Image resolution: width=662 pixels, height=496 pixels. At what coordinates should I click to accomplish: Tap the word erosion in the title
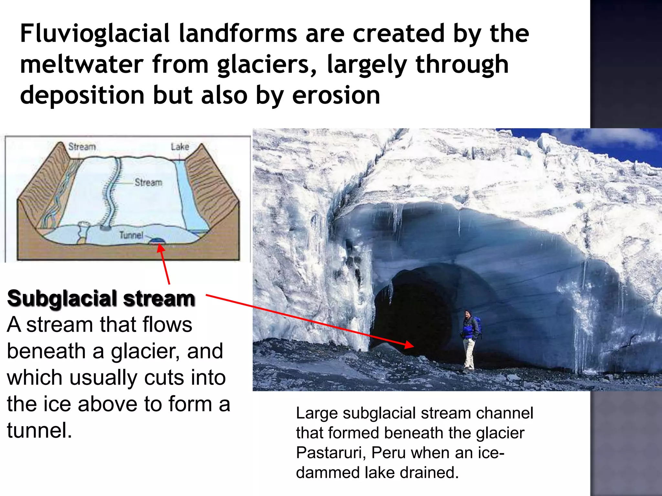(x=336, y=96)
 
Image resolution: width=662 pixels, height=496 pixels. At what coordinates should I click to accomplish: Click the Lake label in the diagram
(x=180, y=147)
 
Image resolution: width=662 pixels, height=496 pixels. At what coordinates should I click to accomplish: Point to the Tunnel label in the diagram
(x=131, y=235)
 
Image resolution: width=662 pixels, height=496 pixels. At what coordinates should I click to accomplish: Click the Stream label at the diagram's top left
(x=82, y=147)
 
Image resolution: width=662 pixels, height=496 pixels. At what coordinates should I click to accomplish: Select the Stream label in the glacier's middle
(x=148, y=182)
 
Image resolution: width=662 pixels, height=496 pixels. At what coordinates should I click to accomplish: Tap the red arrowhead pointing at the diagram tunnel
(x=161, y=249)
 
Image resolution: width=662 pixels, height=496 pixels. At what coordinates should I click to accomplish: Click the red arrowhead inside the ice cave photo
(x=409, y=345)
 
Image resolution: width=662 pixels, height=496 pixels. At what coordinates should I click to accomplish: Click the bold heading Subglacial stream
(x=101, y=298)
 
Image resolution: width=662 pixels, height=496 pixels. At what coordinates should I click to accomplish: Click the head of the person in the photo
(x=467, y=314)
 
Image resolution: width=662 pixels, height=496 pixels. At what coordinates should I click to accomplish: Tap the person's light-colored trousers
(x=469, y=354)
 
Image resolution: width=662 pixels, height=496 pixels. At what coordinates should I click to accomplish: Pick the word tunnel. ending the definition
(x=39, y=430)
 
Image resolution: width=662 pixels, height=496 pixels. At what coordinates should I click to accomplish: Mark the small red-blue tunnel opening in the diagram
(x=158, y=241)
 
